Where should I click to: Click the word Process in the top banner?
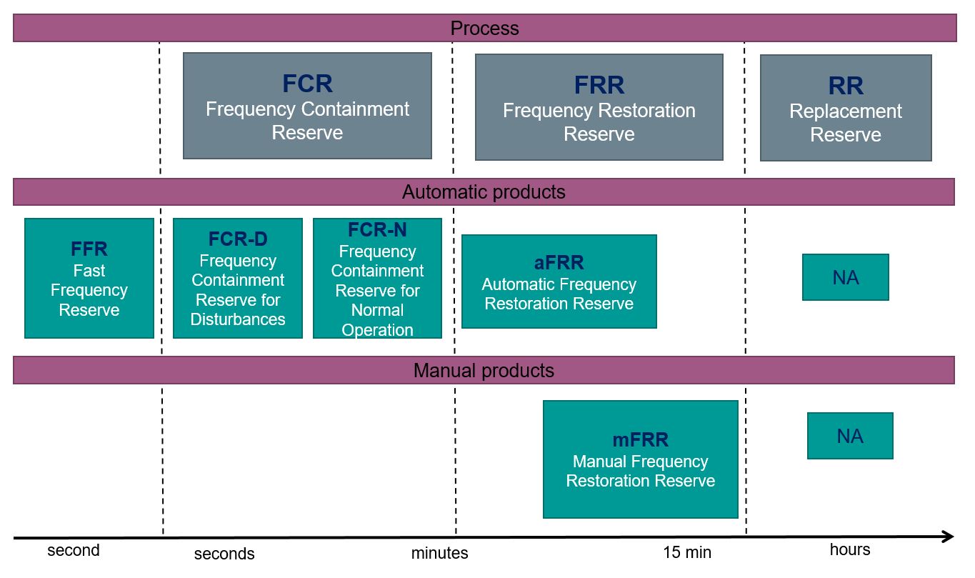click(x=484, y=29)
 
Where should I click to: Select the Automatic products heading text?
click(x=484, y=192)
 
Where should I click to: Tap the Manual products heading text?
click(x=484, y=370)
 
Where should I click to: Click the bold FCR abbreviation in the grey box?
click(x=307, y=83)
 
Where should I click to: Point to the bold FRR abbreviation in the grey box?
click(x=599, y=85)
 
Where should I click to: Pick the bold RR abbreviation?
click(x=845, y=86)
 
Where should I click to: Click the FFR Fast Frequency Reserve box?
click(x=89, y=278)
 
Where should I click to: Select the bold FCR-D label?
click(x=238, y=239)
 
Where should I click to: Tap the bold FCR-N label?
click(x=377, y=229)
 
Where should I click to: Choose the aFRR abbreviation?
click(x=559, y=262)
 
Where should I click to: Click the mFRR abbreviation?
click(x=640, y=439)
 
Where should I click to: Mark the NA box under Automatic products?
click(x=845, y=277)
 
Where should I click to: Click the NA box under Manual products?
click(x=850, y=436)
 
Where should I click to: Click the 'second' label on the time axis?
click(x=74, y=550)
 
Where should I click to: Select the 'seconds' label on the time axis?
click(x=224, y=554)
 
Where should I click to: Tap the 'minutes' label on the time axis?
click(x=439, y=553)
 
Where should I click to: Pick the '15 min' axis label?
click(x=687, y=552)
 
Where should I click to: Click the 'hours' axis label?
click(x=850, y=549)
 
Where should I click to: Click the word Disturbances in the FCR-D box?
click(x=238, y=319)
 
